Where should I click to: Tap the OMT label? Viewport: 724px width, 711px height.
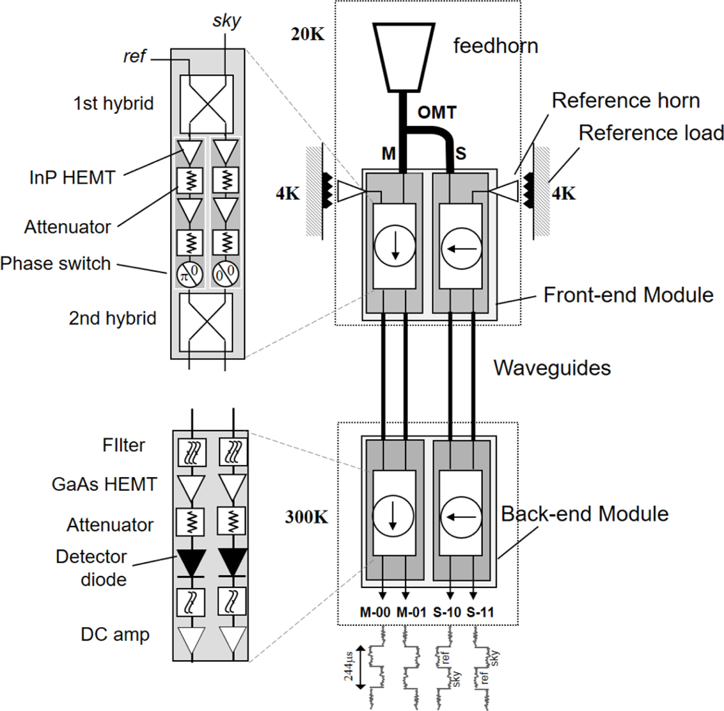tap(437, 113)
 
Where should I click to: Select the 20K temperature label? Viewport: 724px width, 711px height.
tap(308, 34)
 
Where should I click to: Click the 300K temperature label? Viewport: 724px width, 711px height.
tap(307, 517)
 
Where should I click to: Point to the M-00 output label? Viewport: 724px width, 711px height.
tap(375, 612)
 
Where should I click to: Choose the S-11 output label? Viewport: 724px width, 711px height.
tap(480, 612)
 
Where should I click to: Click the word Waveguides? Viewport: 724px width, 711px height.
tap(552, 368)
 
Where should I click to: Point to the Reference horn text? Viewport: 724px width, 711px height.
tap(626, 101)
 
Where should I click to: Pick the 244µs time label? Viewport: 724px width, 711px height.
tap(349, 666)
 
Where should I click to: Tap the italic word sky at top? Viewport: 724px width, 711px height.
tap(226, 21)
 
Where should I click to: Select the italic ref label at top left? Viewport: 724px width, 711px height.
tap(135, 57)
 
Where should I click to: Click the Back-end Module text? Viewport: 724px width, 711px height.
tap(585, 514)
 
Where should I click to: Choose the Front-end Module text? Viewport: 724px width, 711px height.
tap(628, 295)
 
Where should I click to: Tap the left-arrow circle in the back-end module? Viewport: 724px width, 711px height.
tap(461, 517)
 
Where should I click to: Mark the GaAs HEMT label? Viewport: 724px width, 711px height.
tap(104, 484)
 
